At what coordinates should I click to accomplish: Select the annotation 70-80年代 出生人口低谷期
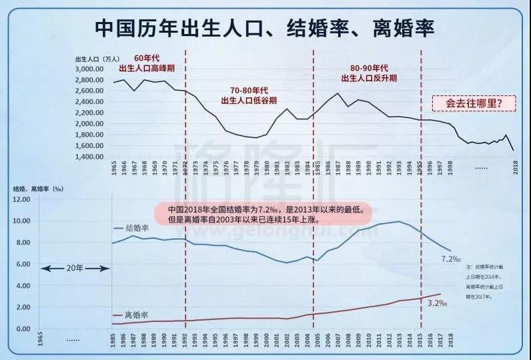tap(248, 95)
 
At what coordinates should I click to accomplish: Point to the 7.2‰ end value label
tap(451, 257)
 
